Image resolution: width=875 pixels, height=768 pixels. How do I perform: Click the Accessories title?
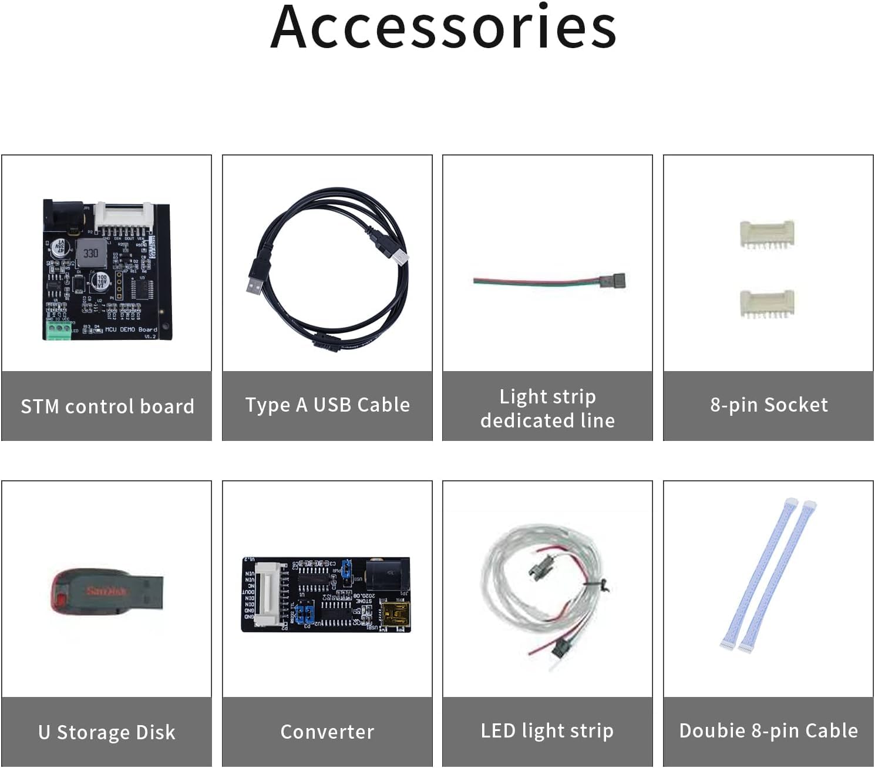pyautogui.click(x=443, y=28)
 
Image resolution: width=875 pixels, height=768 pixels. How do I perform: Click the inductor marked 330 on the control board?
pyautogui.click(x=90, y=253)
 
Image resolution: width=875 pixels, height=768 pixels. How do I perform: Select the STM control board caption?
pyautogui.click(x=107, y=406)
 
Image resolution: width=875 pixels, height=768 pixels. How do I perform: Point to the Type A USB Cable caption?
pyautogui.click(x=327, y=405)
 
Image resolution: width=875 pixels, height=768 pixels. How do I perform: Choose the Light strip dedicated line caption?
pyautogui.click(x=547, y=408)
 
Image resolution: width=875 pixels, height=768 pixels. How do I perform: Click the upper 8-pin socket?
pyautogui.click(x=767, y=234)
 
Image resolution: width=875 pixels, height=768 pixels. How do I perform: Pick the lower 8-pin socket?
pyautogui.click(x=767, y=303)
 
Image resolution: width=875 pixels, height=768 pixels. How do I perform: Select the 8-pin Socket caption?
pyautogui.click(x=768, y=405)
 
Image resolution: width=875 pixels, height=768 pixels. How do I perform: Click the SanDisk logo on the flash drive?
pyautogui.click(x=107, y=590)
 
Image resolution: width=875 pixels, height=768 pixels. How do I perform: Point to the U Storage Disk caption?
pyautogui.click(x=107, y=732)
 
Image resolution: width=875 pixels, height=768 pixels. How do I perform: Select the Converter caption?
pyautogui.click(x=327, y=732)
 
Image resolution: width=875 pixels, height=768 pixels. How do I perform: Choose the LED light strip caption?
pyautogui.click(x=547, y=731)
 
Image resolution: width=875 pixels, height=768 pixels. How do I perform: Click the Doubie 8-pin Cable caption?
pyautogui.click(x=768, y=731)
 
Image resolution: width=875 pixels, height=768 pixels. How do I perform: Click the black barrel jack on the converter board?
pyautogui.click(x=387, y=574)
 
